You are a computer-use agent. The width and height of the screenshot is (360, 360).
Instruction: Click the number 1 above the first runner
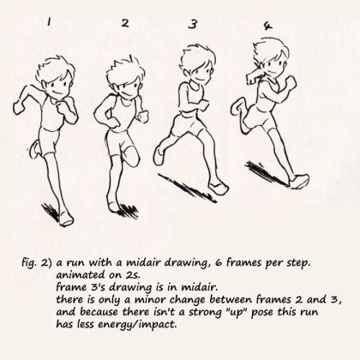pyautogui.click(x=49, y=22)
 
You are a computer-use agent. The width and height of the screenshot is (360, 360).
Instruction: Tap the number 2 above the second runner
pyautogui.click(x=125, y=23)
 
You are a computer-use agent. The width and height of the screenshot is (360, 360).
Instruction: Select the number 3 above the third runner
pyautogui.click(x=193, y=24)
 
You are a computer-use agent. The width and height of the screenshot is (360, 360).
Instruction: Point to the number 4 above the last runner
pyautogui.click(x=267, y=27)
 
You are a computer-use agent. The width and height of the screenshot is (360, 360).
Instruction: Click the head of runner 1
pyautogui.click(x=55, y=76)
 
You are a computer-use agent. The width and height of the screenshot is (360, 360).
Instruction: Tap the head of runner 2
pyautogui.click(x=125, y=78)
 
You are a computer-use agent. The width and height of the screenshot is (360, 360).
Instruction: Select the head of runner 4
pyautogui.click(x=271, y=58)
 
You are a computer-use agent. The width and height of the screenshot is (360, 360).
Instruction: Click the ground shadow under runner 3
pyautogui.click(x=187, y=188)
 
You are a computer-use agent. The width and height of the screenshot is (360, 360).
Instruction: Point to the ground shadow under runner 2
pyautogui.click(x=129, y=212)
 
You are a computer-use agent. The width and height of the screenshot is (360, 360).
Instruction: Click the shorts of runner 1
pyautogui.click(x=49, y=141)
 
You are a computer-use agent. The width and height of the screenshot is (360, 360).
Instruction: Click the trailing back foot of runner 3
pyautogui.click(x=159, y=156)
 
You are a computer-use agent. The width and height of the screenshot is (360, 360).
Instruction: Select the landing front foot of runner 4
pyautogui.click(x=299, y=182)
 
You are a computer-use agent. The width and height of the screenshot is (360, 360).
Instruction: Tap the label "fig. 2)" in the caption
pyautogui.click(x=37, y=263)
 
